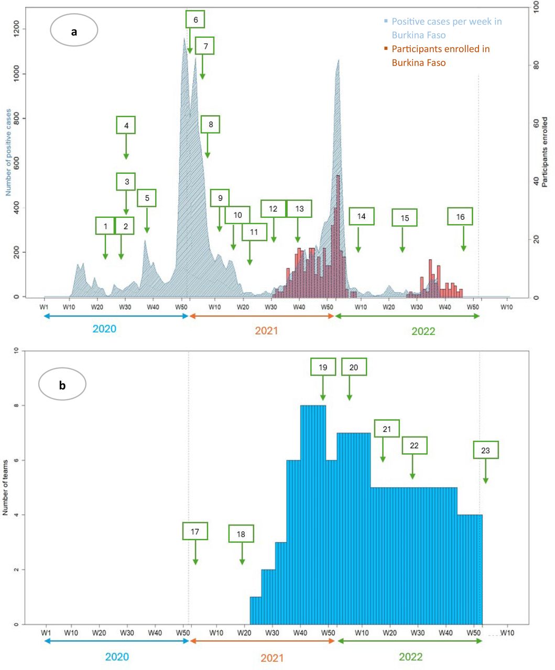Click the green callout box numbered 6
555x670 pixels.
195,19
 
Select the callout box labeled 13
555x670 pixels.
299,208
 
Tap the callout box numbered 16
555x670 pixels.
460,216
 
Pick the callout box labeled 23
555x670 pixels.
486,450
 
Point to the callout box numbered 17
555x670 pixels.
195,531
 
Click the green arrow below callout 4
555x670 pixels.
126,147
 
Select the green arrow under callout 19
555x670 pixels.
323,388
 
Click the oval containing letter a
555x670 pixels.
74,30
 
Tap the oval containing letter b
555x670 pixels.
62,384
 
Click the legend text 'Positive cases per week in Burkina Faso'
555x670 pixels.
447,28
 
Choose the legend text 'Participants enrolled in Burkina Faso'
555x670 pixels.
441,55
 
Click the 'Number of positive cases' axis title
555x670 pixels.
8,152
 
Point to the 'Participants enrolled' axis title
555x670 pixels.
545,152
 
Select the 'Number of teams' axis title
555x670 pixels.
5,487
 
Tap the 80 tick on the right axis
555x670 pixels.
536,65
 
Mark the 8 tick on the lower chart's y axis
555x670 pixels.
16,406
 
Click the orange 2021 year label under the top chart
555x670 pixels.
266,330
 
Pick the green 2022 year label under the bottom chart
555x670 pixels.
410,656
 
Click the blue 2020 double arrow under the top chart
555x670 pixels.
116,316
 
